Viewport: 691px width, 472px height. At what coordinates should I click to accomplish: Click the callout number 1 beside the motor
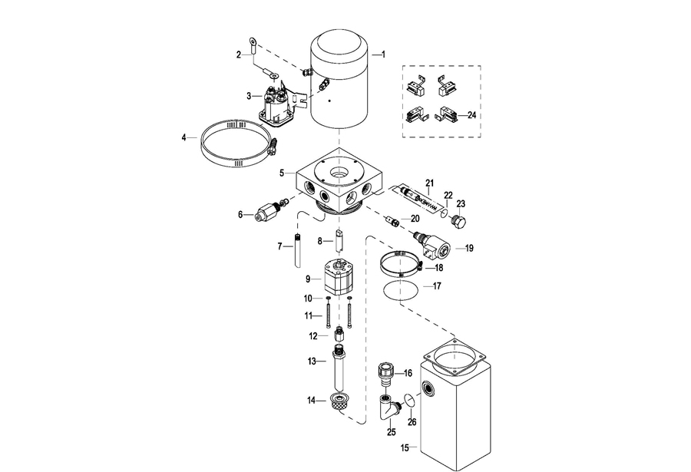[x=383, y=54]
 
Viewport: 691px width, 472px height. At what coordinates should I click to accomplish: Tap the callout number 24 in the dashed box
[x=471, y=115]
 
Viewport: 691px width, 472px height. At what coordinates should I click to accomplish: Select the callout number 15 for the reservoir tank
[x=405, y=448]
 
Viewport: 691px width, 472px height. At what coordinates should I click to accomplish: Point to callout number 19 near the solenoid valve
[x=469, y=248]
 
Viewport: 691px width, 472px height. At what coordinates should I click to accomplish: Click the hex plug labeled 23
[x=460, y=222]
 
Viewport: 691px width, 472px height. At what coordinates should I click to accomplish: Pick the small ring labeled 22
[x=445, y=213]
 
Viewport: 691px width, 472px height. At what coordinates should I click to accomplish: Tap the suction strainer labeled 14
[x=339, y=402]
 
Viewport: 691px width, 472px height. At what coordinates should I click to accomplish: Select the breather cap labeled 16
[x=385, y=373]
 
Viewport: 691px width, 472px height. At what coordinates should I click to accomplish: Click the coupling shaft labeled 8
[x=338, y=239]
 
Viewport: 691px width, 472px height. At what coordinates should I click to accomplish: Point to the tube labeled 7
[x=298, y=250]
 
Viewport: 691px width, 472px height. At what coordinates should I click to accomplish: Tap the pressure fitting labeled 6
[x=269, y=210]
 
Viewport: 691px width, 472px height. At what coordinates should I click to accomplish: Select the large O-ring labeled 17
[x=400, y=290]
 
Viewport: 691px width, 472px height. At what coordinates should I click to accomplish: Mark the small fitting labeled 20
[x=392, y=220]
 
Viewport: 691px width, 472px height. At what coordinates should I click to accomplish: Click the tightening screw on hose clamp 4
[x=273, y=147]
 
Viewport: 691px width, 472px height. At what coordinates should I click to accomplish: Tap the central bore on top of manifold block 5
[x=340, y=173]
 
